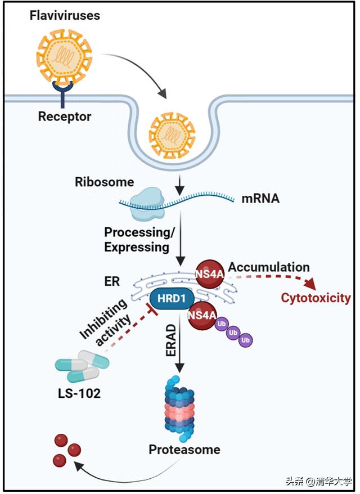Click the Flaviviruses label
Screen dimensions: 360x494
point(65,15)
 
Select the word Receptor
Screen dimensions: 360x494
point(65,116)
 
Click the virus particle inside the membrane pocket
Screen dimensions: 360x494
point(172,135)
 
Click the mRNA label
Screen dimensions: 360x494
point(260,199)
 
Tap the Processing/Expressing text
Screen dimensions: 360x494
point(139,240)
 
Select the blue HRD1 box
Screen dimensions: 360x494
point(172,298)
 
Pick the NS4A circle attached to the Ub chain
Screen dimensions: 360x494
point(202,316)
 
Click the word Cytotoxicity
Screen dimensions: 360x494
point(316,298)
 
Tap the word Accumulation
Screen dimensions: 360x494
point(269,267)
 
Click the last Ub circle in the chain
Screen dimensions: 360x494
point(245,340)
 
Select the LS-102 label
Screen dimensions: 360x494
point(79,393)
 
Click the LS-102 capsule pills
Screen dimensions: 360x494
point(82,366)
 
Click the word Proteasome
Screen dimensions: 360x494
point(184,450)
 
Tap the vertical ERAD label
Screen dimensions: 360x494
point(170,341)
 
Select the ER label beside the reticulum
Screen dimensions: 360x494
point(112,281)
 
